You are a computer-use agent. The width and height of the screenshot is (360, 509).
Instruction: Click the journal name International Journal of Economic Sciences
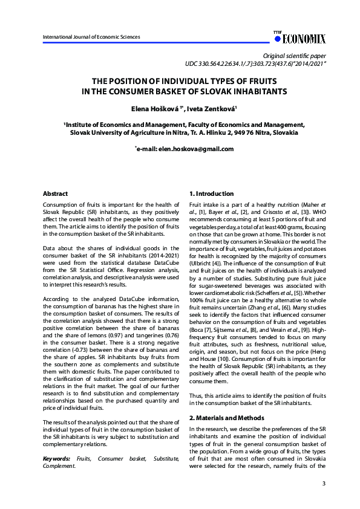(91, 37)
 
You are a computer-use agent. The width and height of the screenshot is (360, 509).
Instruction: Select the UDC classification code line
(256, 63)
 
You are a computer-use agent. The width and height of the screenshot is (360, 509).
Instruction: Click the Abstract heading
(55, 194)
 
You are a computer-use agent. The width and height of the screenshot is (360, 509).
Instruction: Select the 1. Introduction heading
(211, 194)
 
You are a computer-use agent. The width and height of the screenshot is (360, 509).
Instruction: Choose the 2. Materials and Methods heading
(227, 418)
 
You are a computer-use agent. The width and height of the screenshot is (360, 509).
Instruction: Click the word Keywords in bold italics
(56, 459)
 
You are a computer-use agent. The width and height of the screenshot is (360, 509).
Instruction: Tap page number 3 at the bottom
(324, 484)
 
